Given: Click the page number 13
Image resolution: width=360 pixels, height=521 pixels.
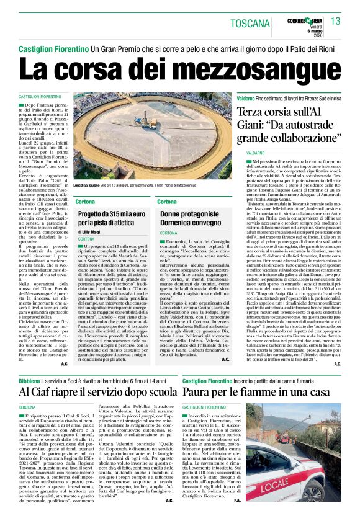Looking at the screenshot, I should (336, 22).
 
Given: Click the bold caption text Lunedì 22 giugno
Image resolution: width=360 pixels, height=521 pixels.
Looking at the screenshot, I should (88, 185).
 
